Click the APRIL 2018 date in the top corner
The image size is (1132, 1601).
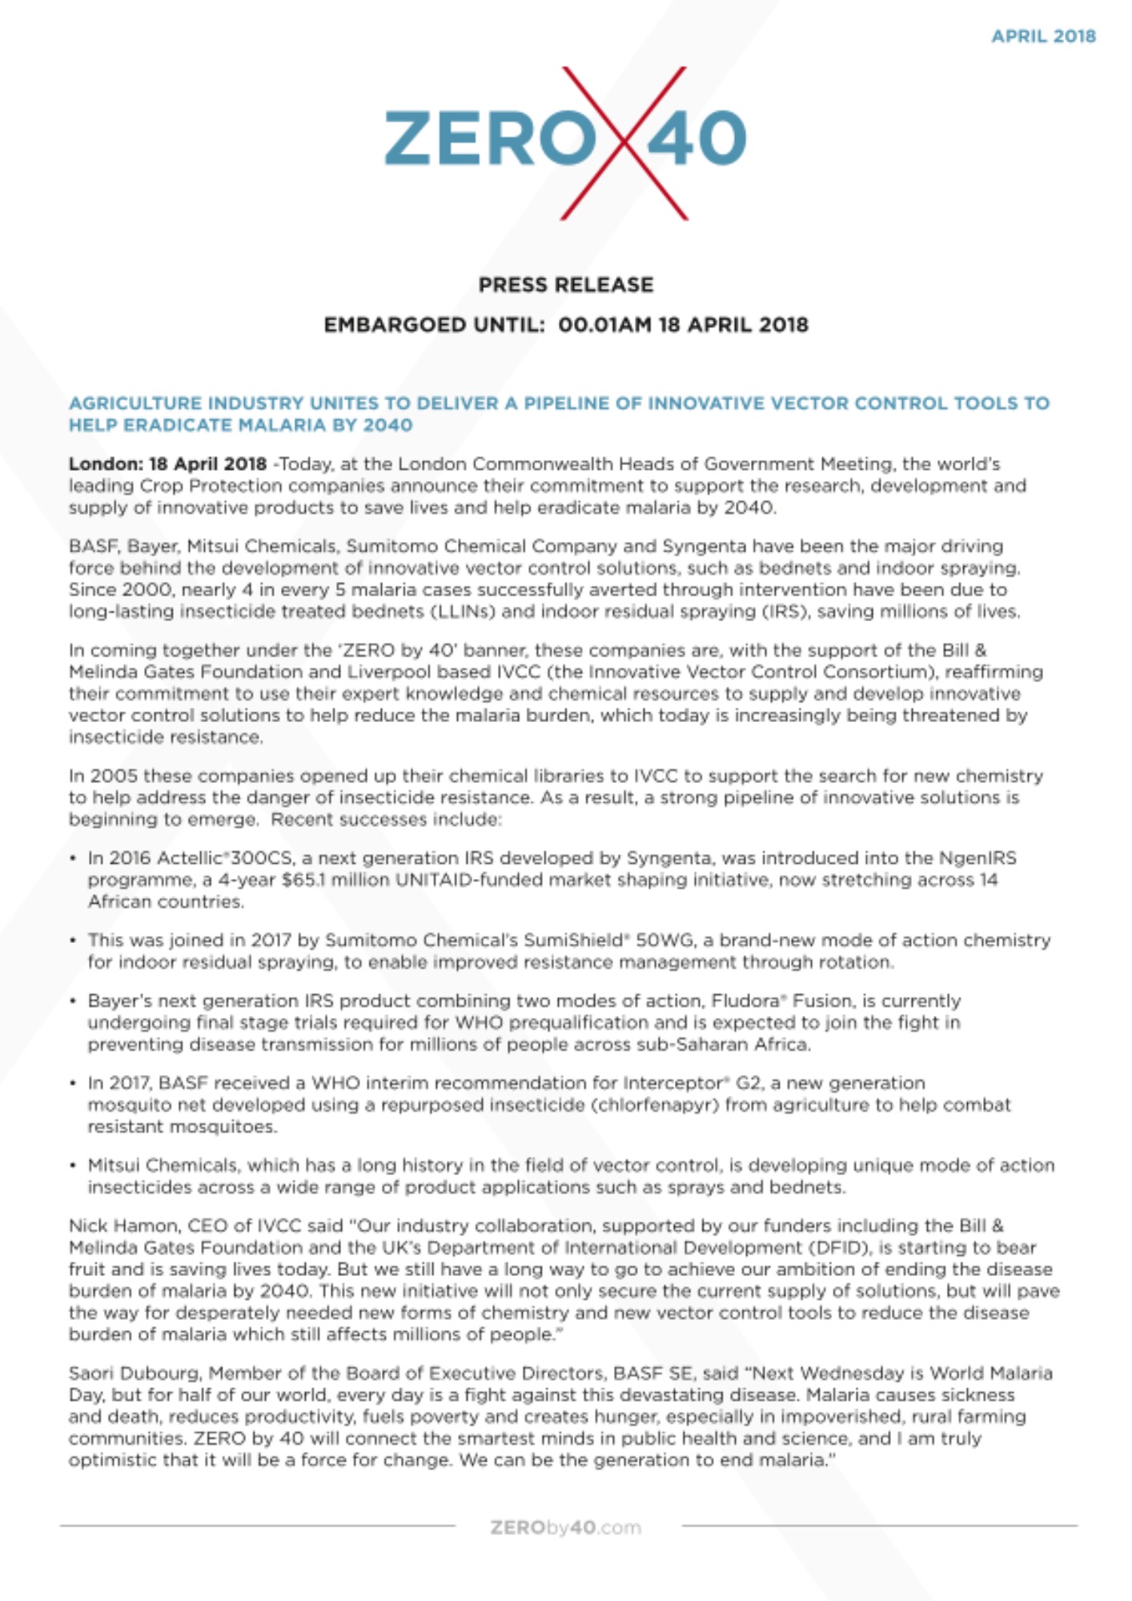click(x=1042, y=36)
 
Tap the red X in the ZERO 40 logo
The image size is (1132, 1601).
click(x=624, y=143)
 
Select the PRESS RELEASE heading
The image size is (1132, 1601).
click(x=566, y=285)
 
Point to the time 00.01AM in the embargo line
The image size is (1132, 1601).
click(x=604, y=325)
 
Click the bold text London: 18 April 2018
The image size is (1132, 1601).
click(x=167, y=464)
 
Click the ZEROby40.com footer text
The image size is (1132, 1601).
click(x=566, y=1527)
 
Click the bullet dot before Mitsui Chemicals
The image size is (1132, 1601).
click(x=73, y=1166)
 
